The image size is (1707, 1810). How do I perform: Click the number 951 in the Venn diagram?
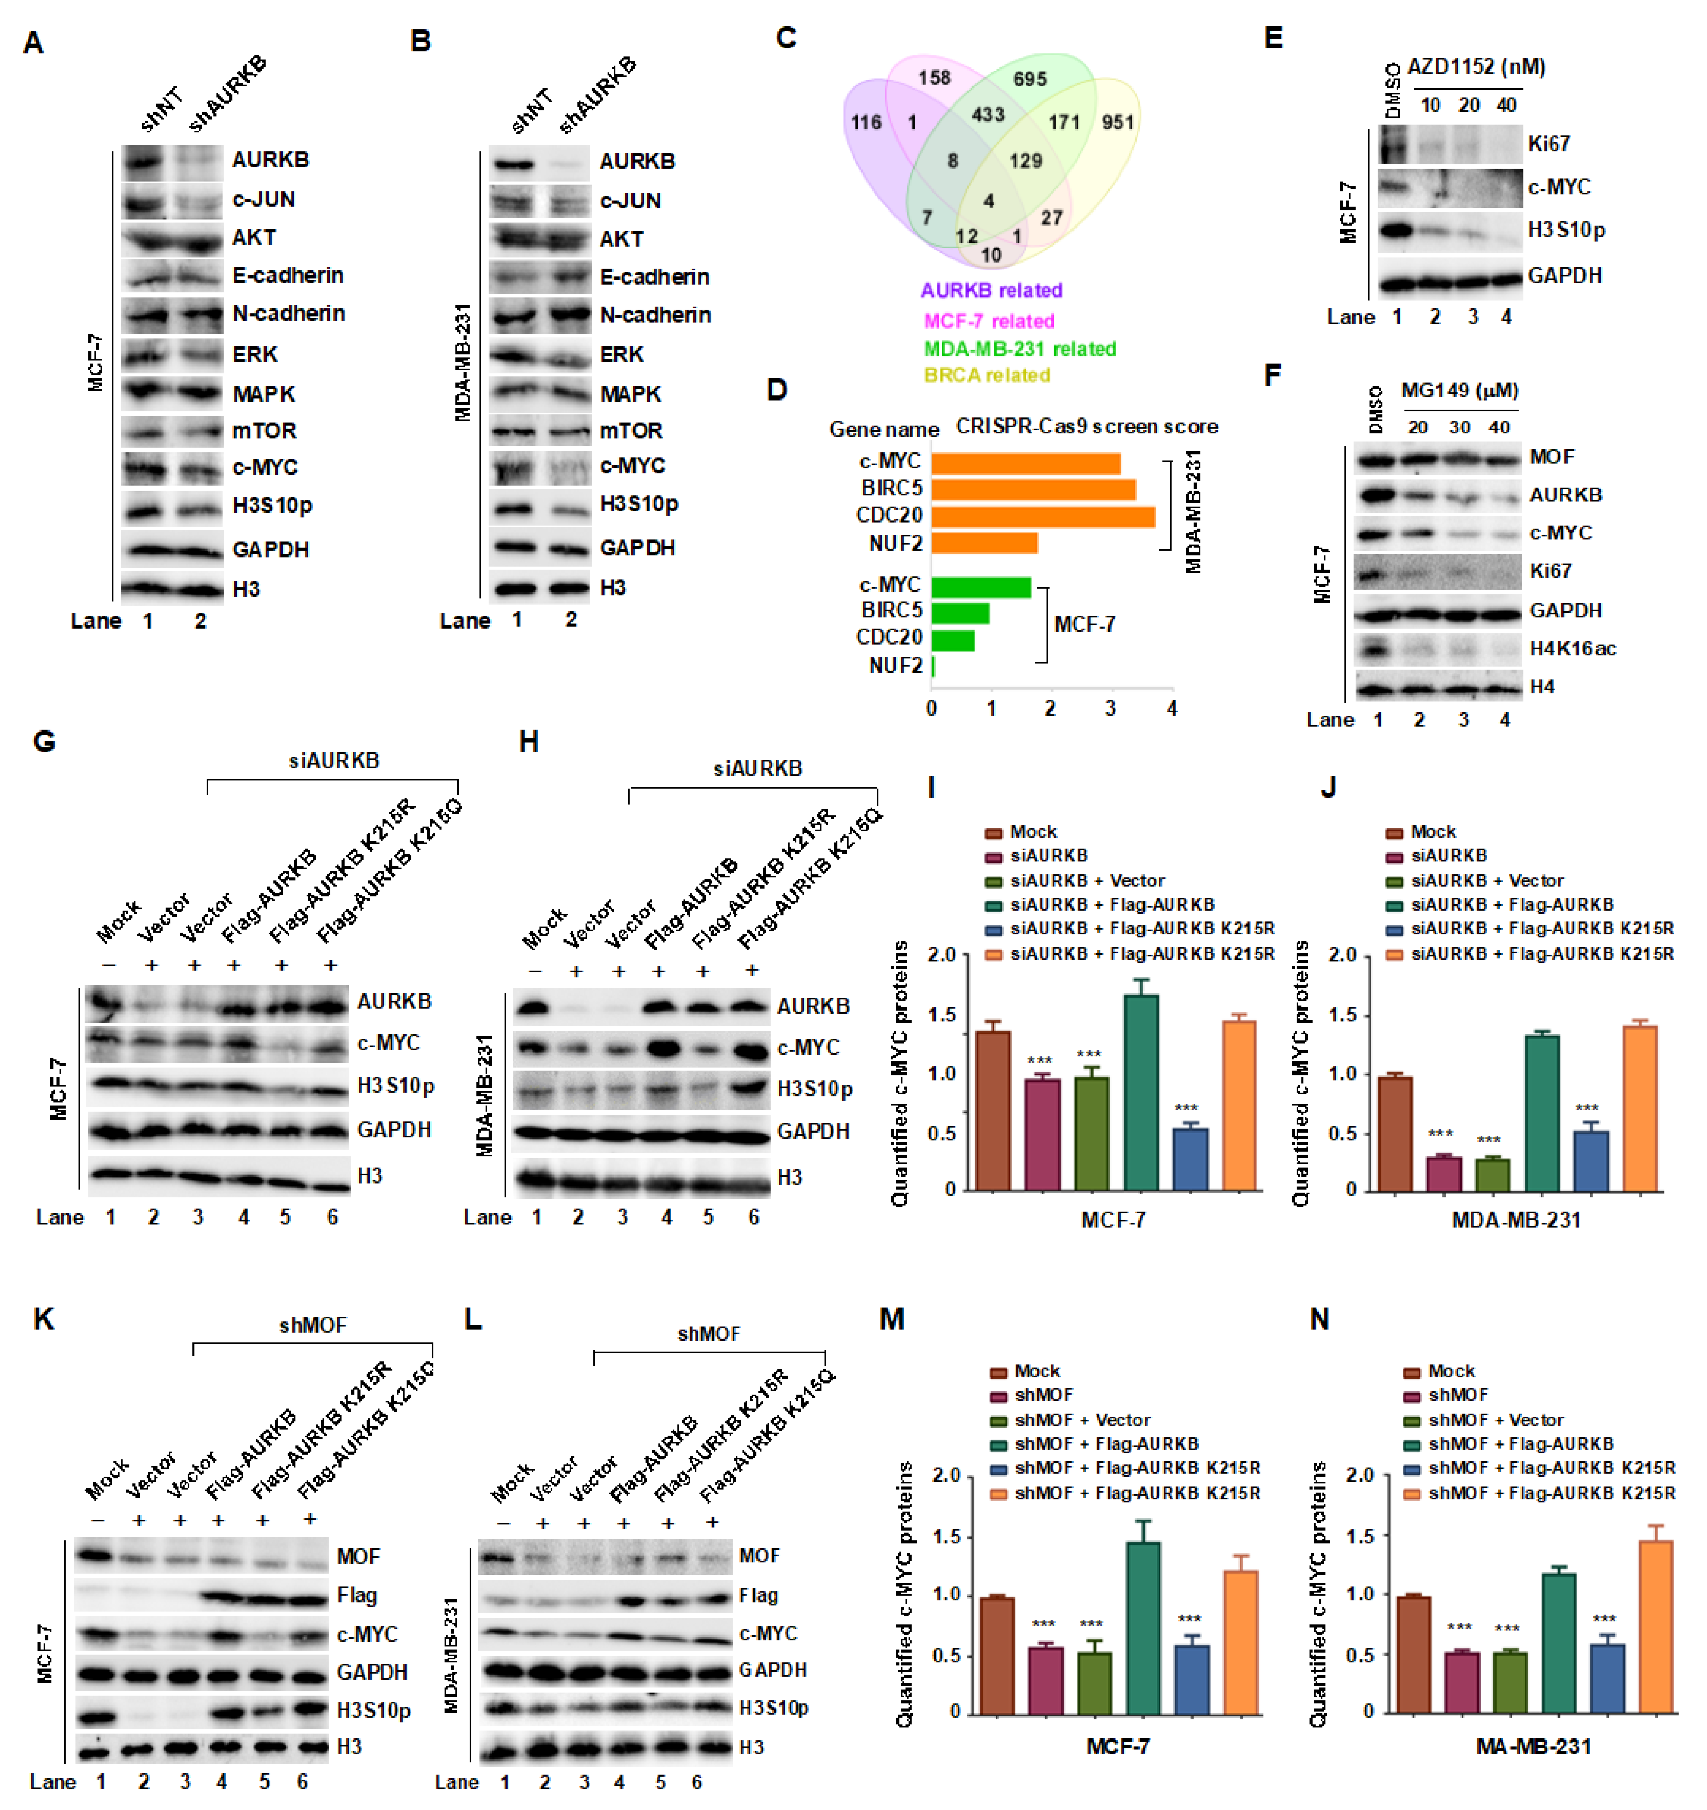tap(1117, 122)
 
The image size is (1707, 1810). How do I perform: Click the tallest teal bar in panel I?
tap(1141, 1092)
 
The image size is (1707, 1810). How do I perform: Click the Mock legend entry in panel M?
tap(1036, 1371)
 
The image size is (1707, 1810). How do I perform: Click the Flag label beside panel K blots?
tap(356, 1595)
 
